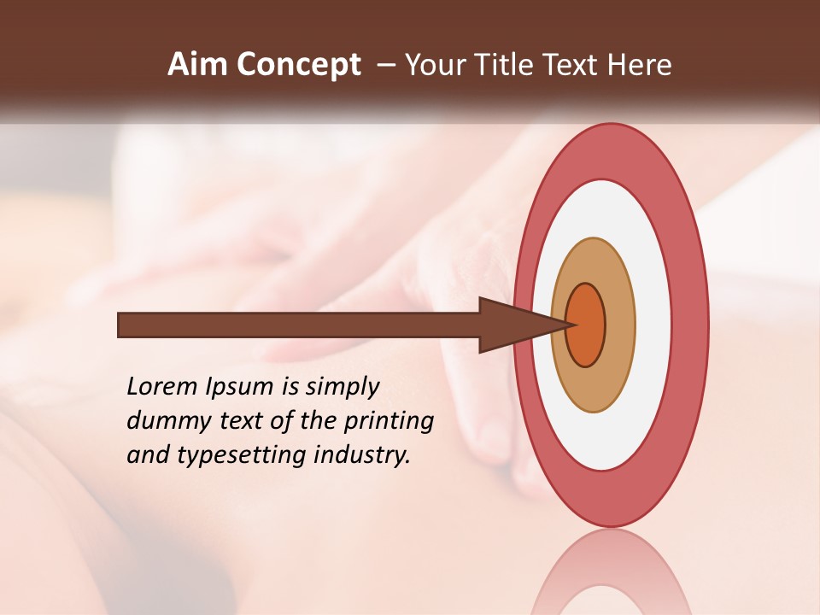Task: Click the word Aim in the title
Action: [x=197, y=65]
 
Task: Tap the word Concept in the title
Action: [x=298, y=65]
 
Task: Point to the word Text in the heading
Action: [x=571, y=65]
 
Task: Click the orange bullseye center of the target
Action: [x=587, y=325]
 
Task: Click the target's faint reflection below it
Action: [x=610, y=572]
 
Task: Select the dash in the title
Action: [x=385, y=65]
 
